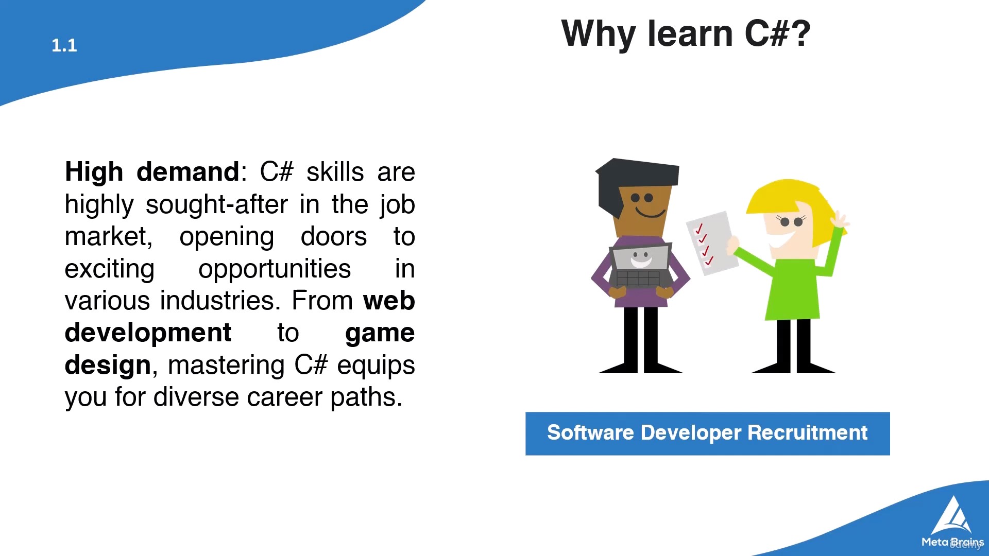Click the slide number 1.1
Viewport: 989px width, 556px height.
[x=64, y=45]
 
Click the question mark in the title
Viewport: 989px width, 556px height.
[x=801, y=33]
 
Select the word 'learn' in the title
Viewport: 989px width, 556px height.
[x=690, y=33]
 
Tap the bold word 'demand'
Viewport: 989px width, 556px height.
[x=188, y=171]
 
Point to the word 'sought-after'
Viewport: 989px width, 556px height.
[x=216, y=205]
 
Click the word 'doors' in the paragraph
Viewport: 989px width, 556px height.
[x=334, y=237]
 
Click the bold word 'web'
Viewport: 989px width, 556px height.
[x=389, y=301]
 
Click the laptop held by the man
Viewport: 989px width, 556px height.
[x=641, y=266]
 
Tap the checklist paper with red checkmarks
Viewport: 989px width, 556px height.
[x=712, y=243]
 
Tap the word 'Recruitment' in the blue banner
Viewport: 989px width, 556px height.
[x=808, y=433]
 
